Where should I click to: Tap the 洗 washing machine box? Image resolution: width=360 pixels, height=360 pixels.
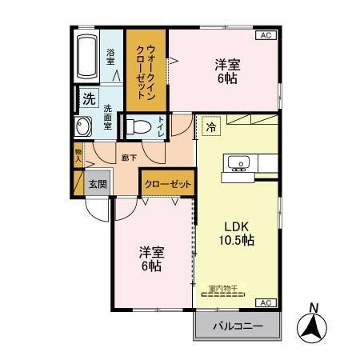(x=88, y=98)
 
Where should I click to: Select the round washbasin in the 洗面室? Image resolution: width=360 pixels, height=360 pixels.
(x=83, y=126)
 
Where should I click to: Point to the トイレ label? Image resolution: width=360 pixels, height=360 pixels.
(x=162, y=127)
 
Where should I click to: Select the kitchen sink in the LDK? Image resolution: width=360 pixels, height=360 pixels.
(x=238, y=164)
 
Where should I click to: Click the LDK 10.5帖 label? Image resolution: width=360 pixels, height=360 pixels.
(x=238, y=232)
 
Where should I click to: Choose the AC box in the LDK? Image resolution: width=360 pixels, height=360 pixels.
(x=264, y=302)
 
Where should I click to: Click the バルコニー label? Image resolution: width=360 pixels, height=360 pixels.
(x=238, y=326)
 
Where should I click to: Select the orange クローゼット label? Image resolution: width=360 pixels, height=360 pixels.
(x=168, y=184)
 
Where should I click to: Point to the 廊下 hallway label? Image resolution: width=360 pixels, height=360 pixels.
(x=128, y=158)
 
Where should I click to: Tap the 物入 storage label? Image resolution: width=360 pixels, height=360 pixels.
(x=78, y=154)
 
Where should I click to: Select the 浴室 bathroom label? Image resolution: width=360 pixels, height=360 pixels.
(x=110, y=57)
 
